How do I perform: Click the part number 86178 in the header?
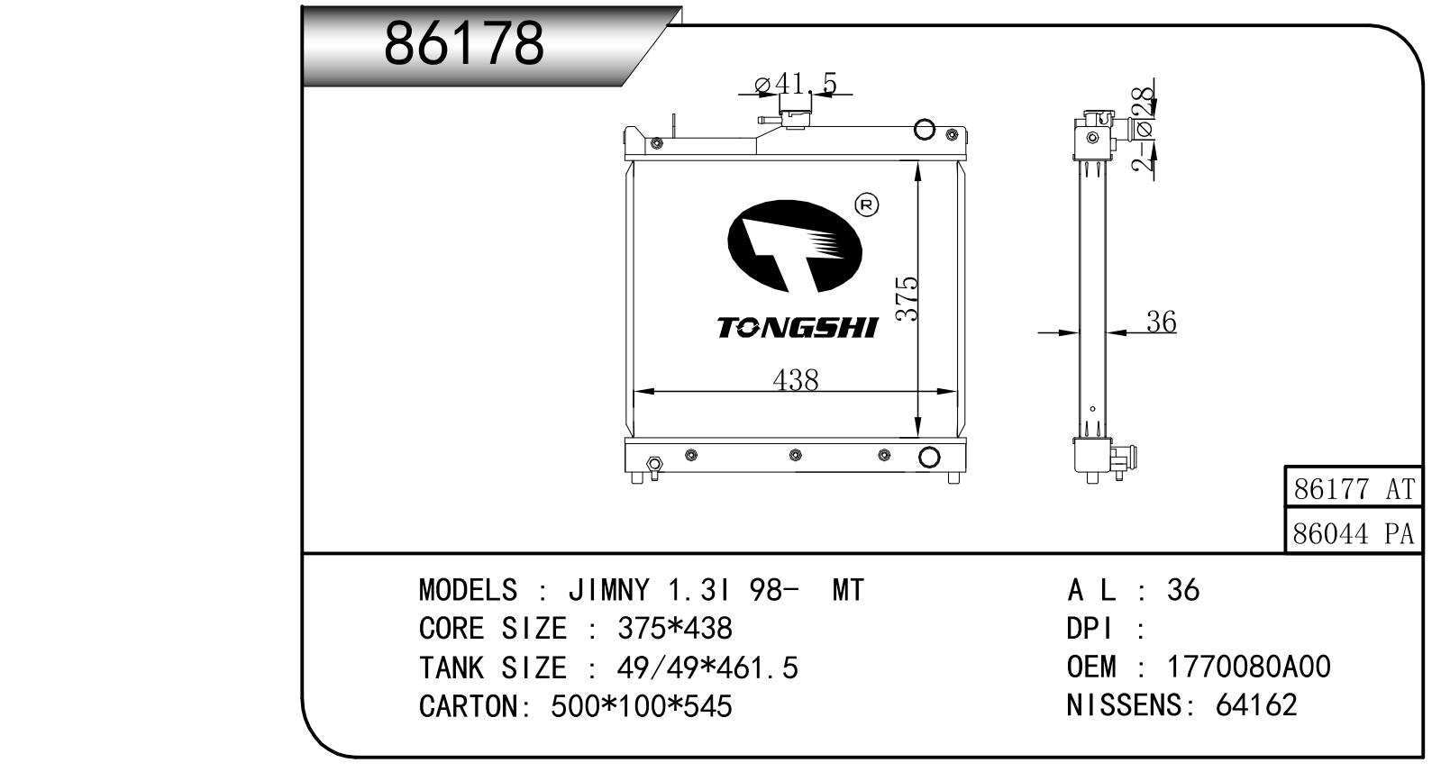point(463,43)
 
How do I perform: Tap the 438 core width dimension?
point(796,380)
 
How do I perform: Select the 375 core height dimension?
point(907,298)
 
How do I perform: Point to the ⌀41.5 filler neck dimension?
point(797,84)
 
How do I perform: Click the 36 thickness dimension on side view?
point(1162,322)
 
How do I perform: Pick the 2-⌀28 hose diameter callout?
point(1144,129)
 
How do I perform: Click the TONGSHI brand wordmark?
point(798,327)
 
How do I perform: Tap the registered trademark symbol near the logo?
point(867,205)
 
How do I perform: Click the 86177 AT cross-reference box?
point(1353,488)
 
